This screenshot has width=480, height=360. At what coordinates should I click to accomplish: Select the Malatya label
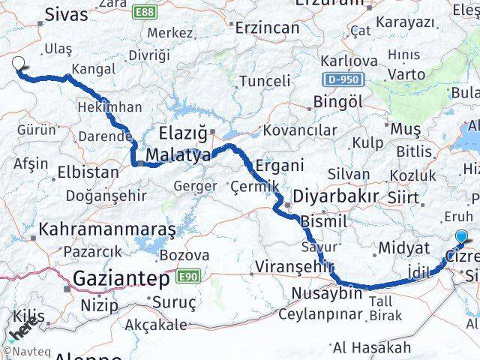tap(178, 155)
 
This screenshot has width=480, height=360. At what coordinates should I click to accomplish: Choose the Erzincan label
tap(267, 27)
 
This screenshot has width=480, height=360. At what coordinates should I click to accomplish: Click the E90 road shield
tap(187, 277)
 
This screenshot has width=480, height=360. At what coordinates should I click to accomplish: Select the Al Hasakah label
tap(373, 347)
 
